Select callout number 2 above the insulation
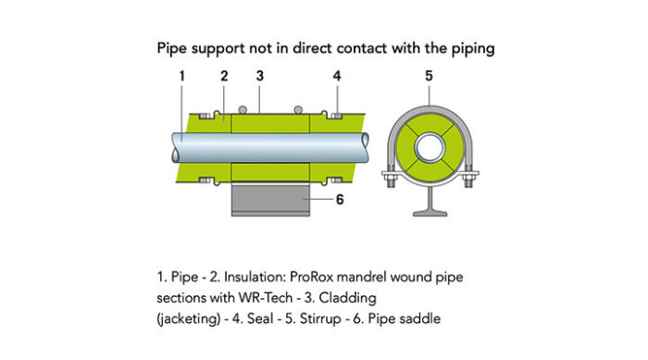pos(223,76)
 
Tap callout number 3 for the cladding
pos(261,76)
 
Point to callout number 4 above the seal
pos(336,76)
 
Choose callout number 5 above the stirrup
pos(428,76)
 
